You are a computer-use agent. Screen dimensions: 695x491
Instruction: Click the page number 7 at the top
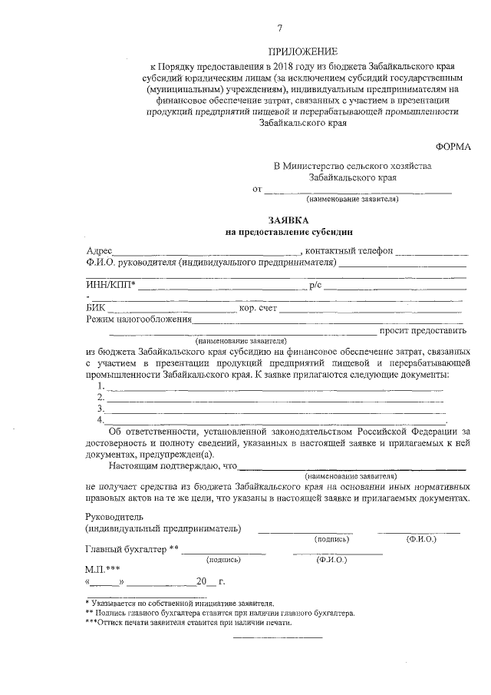click(x=279, y=28)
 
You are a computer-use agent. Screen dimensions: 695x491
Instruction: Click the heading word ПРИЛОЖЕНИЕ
click(x=302, y=51)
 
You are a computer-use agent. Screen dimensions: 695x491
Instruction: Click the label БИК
click(x=96, y=309)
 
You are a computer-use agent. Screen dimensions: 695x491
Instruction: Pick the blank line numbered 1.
click(x=275, y=387)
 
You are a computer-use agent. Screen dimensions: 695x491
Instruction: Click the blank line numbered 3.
click(x=275, y=410)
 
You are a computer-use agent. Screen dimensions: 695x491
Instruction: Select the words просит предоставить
click(x=423, y=332)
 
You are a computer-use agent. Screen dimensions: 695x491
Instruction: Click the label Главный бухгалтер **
click(x=130, y=548)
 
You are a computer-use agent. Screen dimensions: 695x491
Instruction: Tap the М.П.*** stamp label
click(x=102, y=570)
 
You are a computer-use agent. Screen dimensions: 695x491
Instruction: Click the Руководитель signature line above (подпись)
click(x=305, y=531)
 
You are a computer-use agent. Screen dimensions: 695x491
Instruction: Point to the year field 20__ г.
click(x=207, y=581)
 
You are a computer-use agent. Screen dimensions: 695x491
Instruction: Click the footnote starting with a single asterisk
click(x=179, y=604)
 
